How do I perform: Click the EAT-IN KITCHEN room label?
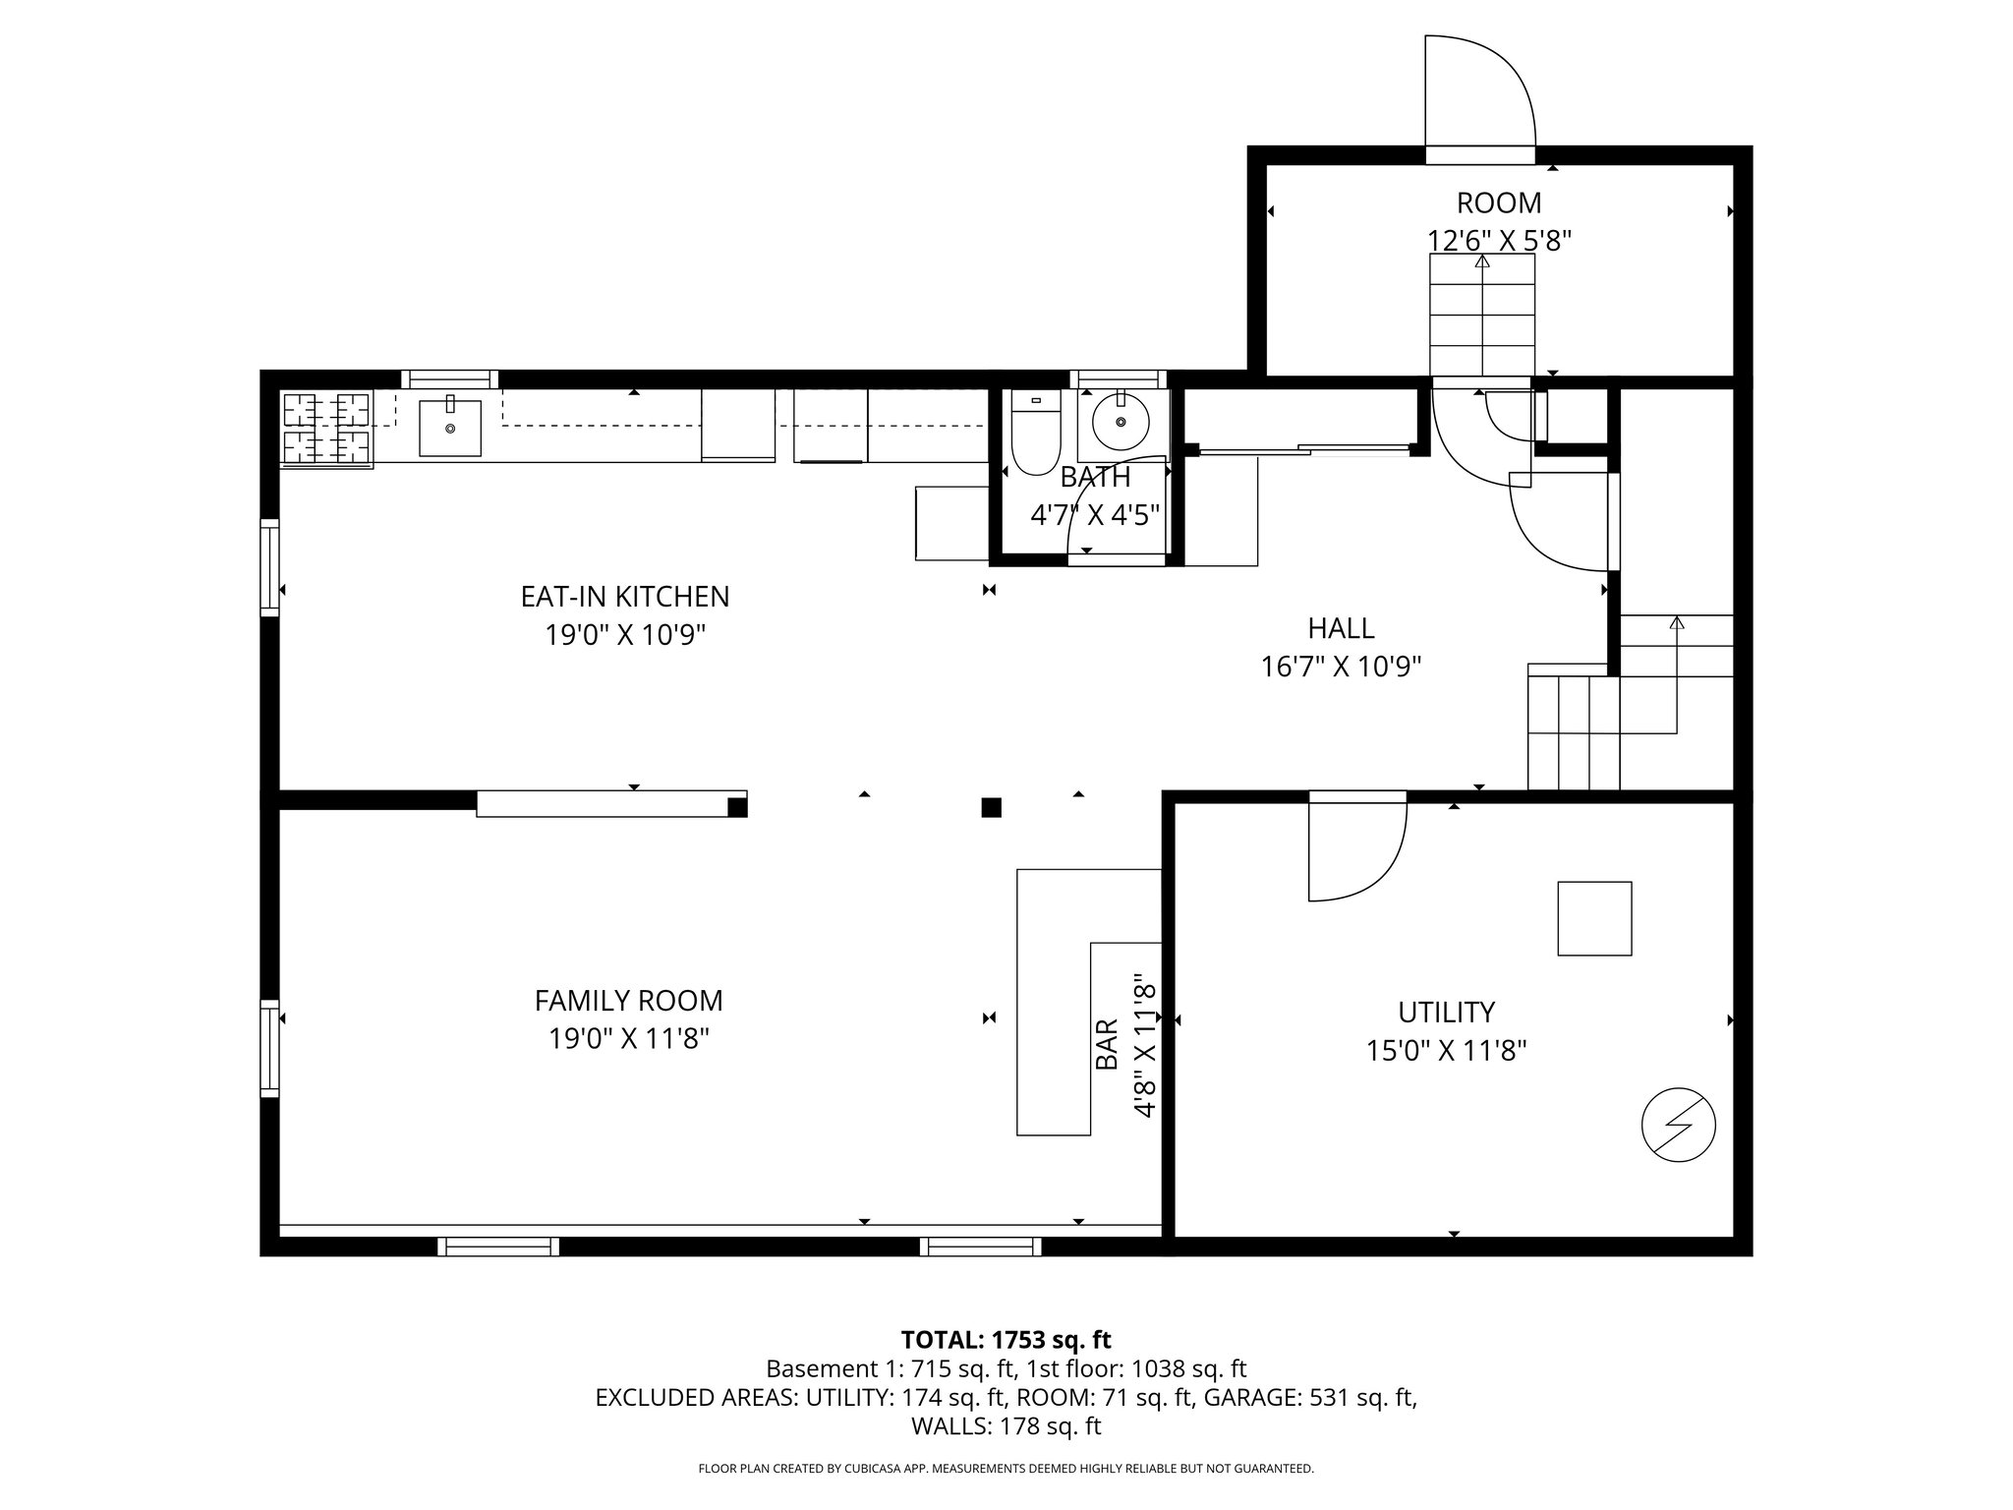pyautogui.click(x=625, y=596)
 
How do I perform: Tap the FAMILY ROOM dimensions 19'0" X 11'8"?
pyautogui.click(x=629, y=1038)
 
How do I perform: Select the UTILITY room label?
pyautogui.click(x=1446, y=1012)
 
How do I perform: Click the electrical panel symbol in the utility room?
pyautogui.click(x=1679, y=1125)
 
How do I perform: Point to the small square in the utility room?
pyautogui.click(x=1594, y=918)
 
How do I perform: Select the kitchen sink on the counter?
pyautogui.click(x=450, y=428)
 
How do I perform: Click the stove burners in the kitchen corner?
pyautogui.click(x=326, y=428)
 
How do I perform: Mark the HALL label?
pyautogui.click(x=1341, y=627)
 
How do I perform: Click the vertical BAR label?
pyautogui.click(x=1107, y=1044)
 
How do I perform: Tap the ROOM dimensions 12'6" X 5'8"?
pyautogui.click(x=1499, y=240)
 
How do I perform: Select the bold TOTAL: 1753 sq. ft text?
pyautogui.click(x=1006, y=1339)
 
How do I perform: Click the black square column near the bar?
pyautogui.click(x=992, y=808)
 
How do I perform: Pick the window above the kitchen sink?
pyautogui.click(x=449, y=378)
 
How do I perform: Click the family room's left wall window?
pyautogui.click(x=269, y=1048)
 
